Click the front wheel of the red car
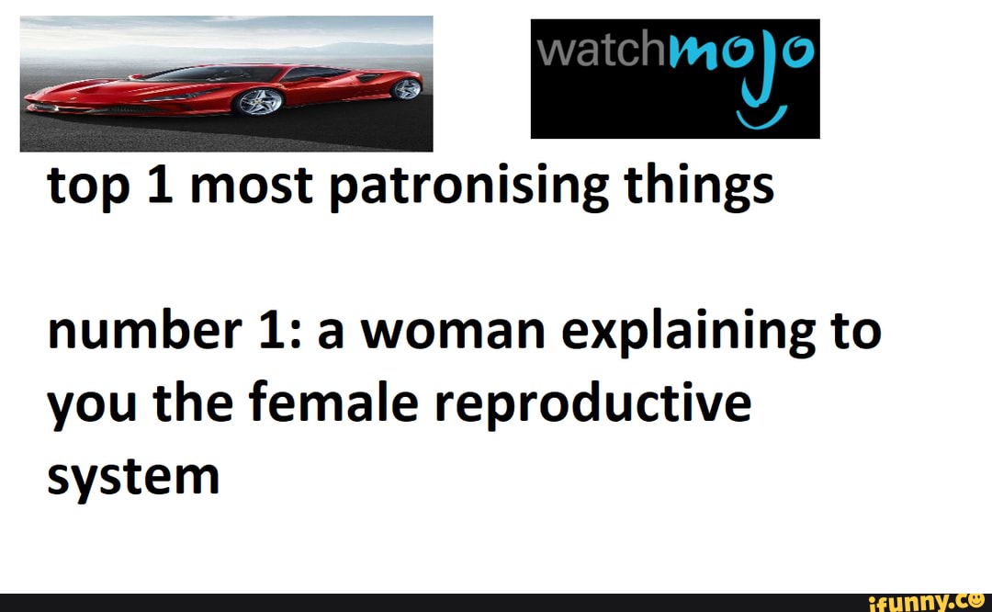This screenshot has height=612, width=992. (x=259, y=102)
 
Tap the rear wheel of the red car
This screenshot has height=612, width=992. (x=406, y=88)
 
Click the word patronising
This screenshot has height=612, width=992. (x=468, y=187)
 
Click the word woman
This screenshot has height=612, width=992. (x=453, y=332)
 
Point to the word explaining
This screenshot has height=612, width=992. (x=688, y=332)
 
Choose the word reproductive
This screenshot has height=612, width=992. (x=592, y=403)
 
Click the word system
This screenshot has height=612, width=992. (x=133, y=477)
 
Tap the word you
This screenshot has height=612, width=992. (x=92, y=406)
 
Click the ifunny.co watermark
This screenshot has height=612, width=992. (x=926, y=603)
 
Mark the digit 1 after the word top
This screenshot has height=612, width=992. (x=160, y=186)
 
